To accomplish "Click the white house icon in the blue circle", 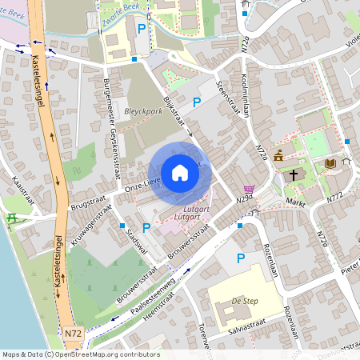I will coord(180,173).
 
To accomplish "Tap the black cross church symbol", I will coord(294,174).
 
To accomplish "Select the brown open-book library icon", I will coord(330,164).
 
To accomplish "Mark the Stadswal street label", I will coord(133,238).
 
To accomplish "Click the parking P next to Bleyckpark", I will coord(197,102).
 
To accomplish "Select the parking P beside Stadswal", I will coord(146,228).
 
